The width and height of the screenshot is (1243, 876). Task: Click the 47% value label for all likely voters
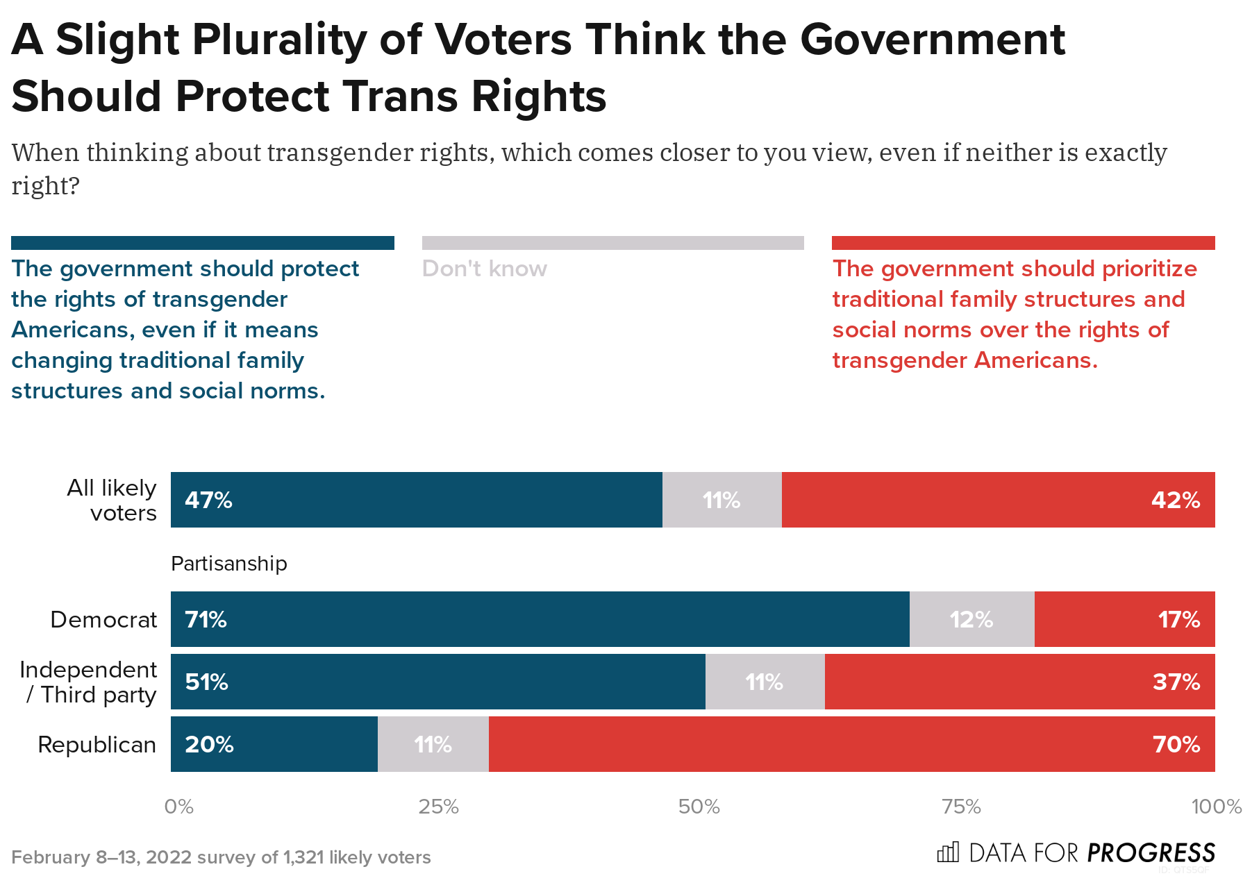point(208,500)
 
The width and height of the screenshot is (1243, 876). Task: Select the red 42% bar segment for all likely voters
point(998,500)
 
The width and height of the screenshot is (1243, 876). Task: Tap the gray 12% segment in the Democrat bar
point(971,619)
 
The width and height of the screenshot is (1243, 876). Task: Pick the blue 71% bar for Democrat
point(540,619)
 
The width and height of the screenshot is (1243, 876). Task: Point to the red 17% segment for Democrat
point(1124,619)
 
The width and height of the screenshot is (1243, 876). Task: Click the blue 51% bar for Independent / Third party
point(437,682)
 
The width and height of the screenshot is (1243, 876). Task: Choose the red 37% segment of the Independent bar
point(1019,682)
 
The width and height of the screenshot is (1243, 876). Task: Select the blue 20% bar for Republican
point(274,744)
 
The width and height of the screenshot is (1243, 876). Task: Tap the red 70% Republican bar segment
point(851,744)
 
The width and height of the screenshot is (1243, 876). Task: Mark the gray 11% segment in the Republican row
point(433,744)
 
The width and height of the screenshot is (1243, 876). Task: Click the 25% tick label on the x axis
point(438,807)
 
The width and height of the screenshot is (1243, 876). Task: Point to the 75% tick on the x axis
point(961,807)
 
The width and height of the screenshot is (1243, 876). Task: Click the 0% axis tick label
point(179,807)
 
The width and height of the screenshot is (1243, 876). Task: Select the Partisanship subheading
point(228,564)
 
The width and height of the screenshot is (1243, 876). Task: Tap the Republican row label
point(97,744)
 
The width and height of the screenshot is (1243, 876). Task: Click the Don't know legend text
point(484,269)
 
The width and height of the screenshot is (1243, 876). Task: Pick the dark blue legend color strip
point(202,243)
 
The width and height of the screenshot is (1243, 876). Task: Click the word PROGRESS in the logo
point(1151,852)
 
